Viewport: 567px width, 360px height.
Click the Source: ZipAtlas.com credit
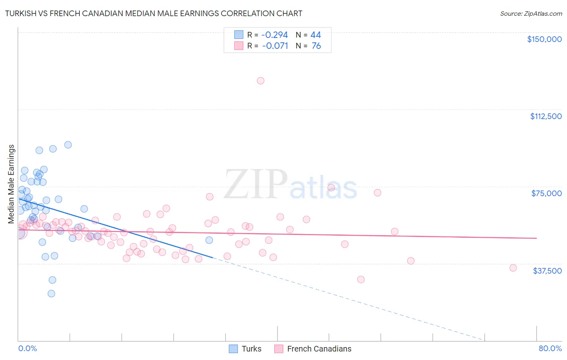531,13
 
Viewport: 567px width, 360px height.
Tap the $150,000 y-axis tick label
544,39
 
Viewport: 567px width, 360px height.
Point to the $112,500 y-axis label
546,116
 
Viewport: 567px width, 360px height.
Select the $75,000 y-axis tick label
546,193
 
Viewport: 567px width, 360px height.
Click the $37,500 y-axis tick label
547,271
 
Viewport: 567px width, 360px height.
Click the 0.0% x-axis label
27,348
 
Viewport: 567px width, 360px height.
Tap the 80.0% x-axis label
550,348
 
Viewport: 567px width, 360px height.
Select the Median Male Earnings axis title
11,184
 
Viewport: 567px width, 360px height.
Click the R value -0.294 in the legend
275,35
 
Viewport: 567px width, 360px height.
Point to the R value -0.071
275,46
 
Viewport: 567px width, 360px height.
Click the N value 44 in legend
315,35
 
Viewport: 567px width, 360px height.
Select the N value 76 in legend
316,46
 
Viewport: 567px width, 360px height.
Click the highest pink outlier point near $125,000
261,81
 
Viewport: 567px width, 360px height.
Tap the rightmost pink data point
513,268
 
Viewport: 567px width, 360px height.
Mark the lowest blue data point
51,293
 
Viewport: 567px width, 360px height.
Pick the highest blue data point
68,145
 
